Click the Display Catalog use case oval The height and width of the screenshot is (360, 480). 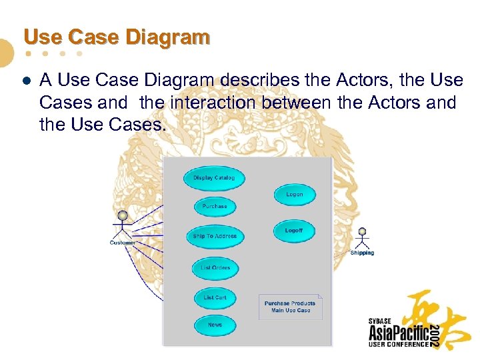tap(214, 178)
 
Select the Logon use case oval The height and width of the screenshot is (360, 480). tap(294, 195)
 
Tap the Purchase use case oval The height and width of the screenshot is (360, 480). tap(215, 207)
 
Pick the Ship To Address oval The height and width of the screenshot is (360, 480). tap(215, 236)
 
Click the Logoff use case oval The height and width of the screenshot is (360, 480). tap(294, 231)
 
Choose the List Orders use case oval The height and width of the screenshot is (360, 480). tap(215, 268)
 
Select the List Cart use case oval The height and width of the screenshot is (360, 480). tap(215, 298)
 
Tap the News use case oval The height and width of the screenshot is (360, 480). tap(215, 325)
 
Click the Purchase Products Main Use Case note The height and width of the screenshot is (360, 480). tap(290, 307)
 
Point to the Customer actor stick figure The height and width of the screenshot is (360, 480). tap(122, 225)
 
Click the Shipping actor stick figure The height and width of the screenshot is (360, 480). tap(362, 238)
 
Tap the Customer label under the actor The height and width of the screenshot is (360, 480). tap(123, 243)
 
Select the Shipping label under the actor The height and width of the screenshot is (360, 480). tap(362, 253)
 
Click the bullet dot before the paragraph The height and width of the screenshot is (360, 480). tap(26, 81)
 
